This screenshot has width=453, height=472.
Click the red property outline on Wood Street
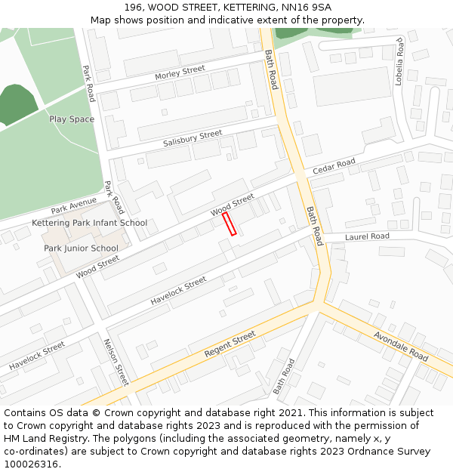coord(230,224)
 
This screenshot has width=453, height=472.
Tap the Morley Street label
coord(180,73)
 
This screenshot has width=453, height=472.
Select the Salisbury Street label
coord(193,139)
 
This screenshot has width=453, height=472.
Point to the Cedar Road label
coord(334,167)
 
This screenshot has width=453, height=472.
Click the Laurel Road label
coord(367,236)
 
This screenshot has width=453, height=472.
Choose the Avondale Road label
coord(401,345)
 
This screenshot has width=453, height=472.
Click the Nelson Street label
coord(116,362)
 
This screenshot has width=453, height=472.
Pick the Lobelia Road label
coord(400,62)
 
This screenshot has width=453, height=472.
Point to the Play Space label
coord(72,119)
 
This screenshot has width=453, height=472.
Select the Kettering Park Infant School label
coord(89,223)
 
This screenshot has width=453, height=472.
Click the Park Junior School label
coord(81,248)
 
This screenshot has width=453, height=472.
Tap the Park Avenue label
coord(74,205)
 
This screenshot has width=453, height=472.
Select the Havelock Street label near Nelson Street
coord(37,356)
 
